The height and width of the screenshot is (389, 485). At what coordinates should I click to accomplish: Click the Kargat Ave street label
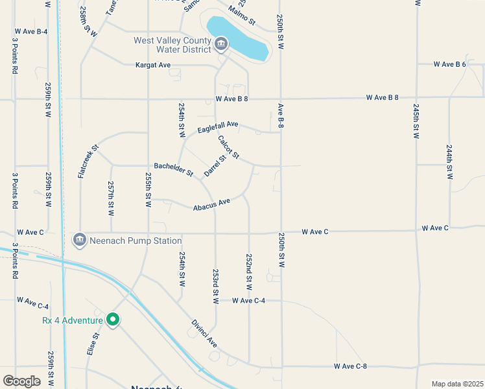point(153,65)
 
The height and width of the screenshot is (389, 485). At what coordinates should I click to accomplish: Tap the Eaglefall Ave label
point(219,124)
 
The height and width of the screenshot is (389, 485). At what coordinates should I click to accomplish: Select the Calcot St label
point(229,147)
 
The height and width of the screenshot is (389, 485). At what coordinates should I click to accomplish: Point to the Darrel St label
point(215,165)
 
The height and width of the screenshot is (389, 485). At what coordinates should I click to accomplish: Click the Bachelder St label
point(174,170)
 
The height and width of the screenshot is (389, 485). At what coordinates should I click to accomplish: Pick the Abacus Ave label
point(212,204)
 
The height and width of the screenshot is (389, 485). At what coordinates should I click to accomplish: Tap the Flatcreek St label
point(89,160)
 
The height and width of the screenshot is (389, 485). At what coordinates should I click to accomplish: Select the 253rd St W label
point(216,286)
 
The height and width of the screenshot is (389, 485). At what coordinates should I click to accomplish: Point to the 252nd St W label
point(249,272)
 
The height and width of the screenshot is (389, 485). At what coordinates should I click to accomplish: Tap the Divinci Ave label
point(204,333)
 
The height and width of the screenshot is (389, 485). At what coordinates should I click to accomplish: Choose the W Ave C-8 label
point(351,366)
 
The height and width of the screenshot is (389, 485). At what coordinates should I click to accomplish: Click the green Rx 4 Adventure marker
point(113,320)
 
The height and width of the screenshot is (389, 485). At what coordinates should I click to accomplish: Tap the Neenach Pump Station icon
point(80,240)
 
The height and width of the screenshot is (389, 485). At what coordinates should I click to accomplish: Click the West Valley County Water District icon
point(221,44)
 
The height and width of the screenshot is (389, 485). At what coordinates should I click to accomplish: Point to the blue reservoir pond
point(237,36)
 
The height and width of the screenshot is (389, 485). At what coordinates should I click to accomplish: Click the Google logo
point(21,381)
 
